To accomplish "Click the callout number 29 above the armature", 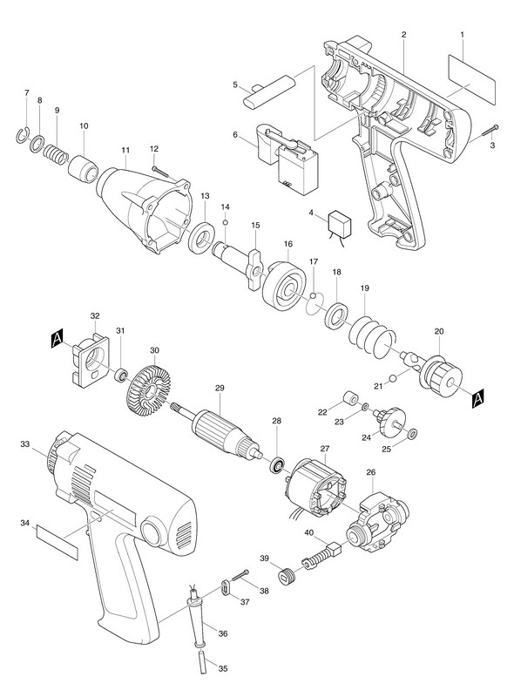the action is [220, 388].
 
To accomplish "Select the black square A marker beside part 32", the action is [57, 340].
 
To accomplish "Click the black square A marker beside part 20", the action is [478, 398].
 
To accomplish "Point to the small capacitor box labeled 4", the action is [339, 222].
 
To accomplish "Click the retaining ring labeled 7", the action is [24, 136].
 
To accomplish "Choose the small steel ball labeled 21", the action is [392, 378].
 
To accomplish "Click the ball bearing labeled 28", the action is [278, 466].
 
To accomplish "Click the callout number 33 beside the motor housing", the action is [25, 443].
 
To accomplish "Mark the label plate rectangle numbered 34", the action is [57, 542].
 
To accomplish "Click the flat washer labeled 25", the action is [413, 433].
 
